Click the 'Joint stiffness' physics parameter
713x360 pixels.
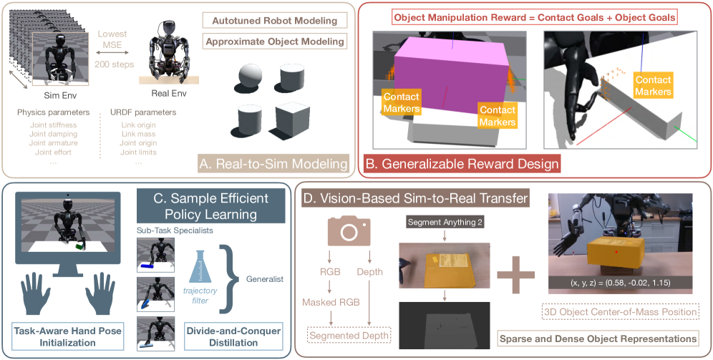[52, 125]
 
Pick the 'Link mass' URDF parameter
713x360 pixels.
[136, 134]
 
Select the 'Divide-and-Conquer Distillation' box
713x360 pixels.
[215, 336]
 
